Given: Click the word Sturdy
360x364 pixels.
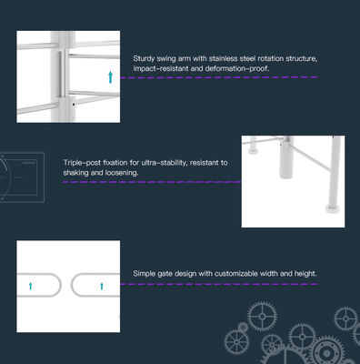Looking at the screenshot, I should tap(145, 59).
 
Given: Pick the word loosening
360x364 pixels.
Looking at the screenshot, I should tap(119, 172).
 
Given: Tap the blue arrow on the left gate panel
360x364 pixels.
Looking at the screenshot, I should tap(32, 285).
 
